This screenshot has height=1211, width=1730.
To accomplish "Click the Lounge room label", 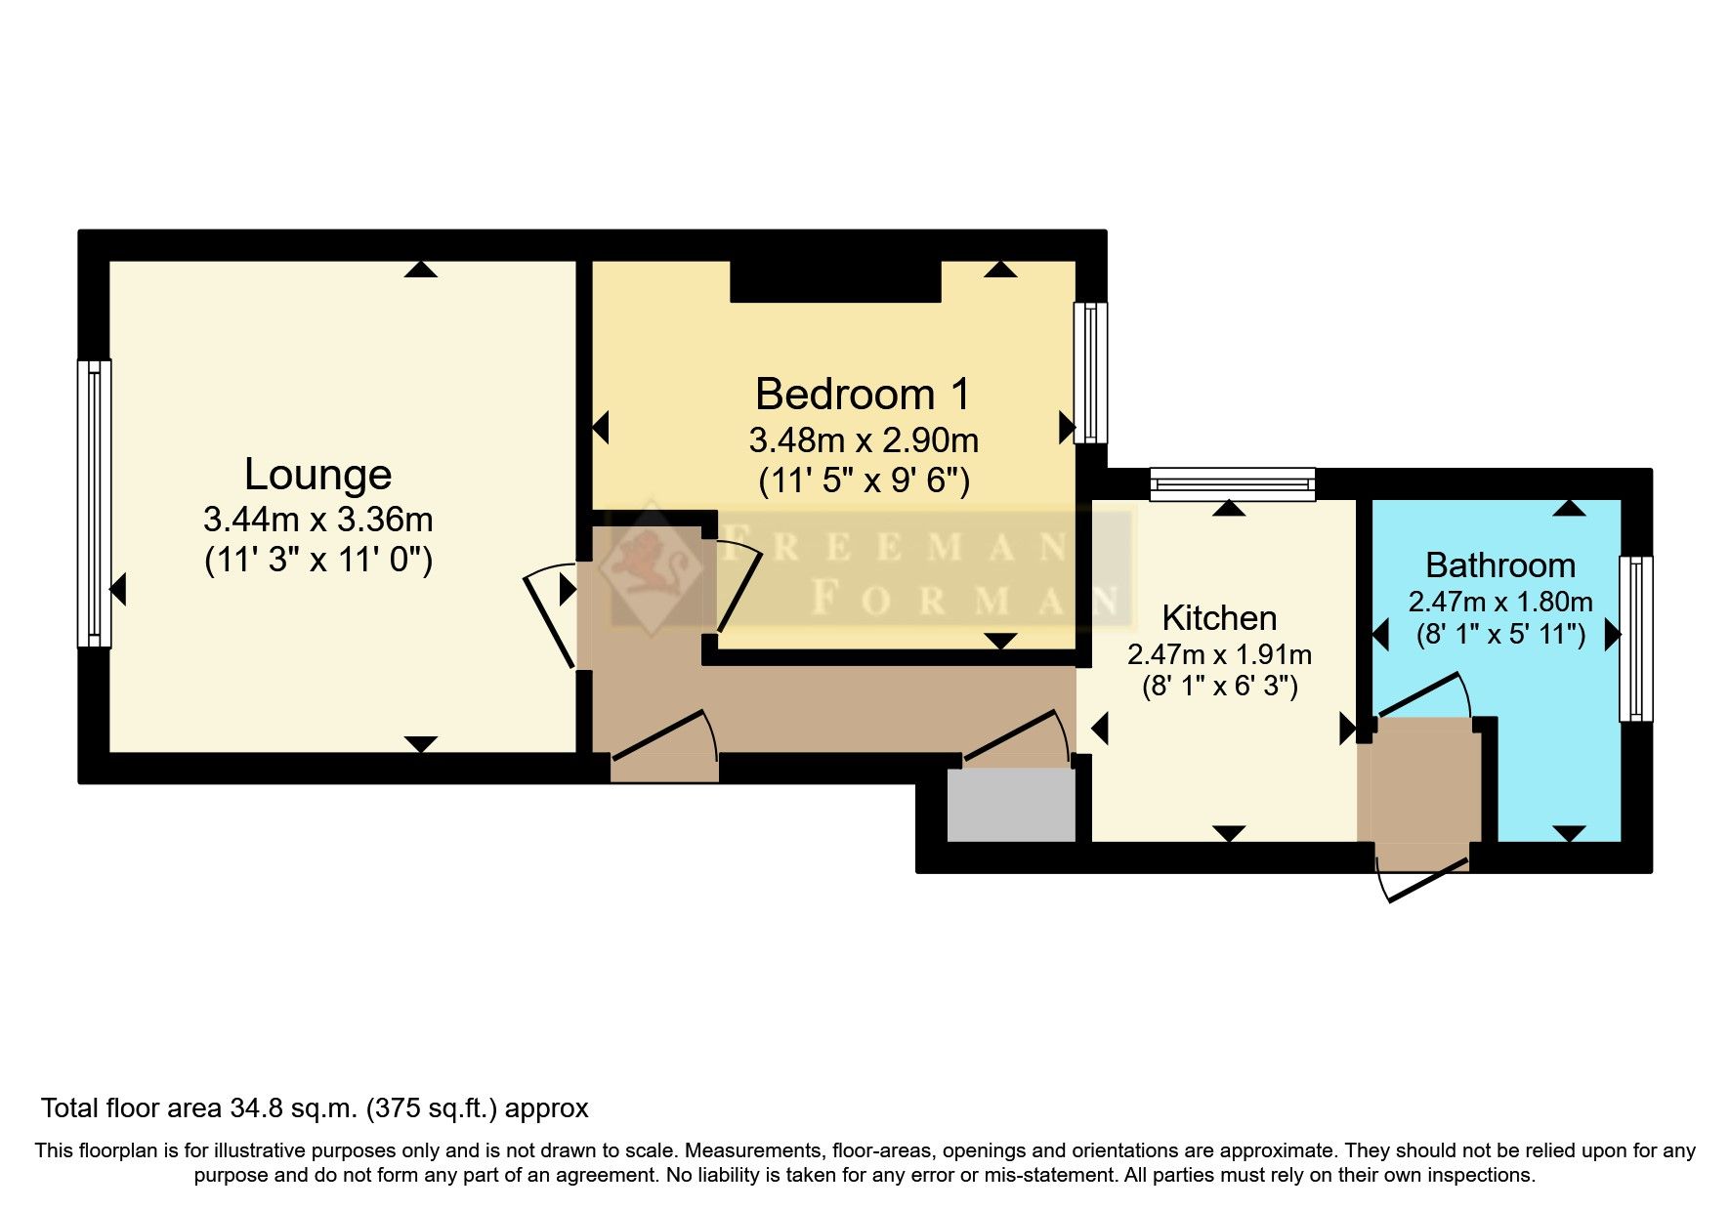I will tap(317, 475).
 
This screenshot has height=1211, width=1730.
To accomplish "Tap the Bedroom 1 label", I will tap(863, 395).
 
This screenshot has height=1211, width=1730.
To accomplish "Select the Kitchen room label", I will tap(1219, 618).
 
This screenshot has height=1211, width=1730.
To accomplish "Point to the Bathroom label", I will tap(1500, 565).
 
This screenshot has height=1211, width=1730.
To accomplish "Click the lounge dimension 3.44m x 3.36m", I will tap(317, 519).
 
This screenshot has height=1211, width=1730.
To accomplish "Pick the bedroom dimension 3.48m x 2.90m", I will tap(864, 440).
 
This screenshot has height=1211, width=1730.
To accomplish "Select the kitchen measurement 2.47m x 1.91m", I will tap(1219, 654).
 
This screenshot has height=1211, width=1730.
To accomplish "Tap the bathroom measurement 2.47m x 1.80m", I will tap(1500, 602).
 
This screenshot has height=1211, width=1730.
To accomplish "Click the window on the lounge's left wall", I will tap(94, 503).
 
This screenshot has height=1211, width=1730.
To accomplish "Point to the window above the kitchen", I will tap(1232, 484).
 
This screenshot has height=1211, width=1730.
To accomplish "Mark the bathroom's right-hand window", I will tap(1636, 639).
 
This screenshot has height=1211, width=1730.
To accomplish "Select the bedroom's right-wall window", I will tap(1090, 373).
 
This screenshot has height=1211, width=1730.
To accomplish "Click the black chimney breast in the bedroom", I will tap(835, 281).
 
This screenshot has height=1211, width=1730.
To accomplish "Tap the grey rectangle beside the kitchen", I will tap(1011, 804).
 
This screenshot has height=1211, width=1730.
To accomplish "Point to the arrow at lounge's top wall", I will tap(421, 270).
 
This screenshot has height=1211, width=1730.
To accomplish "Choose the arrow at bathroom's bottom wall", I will tap(1569, 833).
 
